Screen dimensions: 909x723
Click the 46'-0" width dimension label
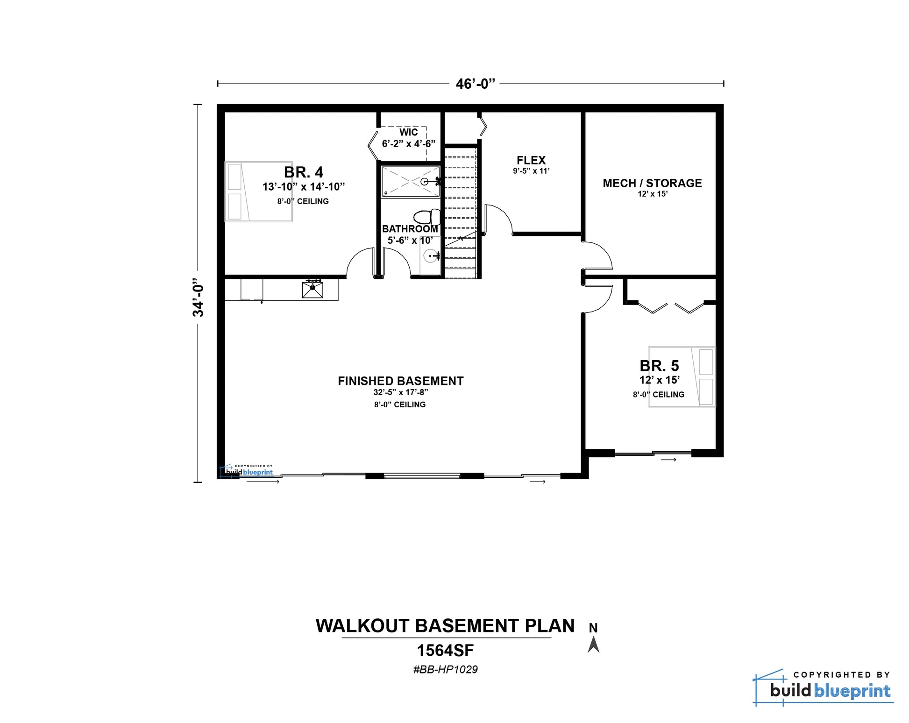(x=475, y=84)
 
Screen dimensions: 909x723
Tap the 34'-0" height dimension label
(x=199, y=298)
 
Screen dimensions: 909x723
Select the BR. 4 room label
(x=304, y=172)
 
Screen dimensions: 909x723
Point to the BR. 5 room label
(x=659, y=365)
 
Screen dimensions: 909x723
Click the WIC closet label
(x=408, y=132)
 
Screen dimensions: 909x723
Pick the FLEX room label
(x=531, y=160)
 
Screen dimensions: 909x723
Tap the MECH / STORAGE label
(x=652, y=183)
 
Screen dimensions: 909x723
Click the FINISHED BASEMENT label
(x=400, y=381)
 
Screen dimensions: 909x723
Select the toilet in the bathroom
(x=426, y=217)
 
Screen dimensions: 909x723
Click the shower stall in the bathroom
(x=411, y=182)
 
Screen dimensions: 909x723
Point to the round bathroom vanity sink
(x=431, y=255)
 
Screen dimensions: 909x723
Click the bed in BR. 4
(x=259, y=191)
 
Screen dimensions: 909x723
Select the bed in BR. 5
(x=682, y=377)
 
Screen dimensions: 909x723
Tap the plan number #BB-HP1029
(x=445, y=669)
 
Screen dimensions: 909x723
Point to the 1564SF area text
(x=445, y=650)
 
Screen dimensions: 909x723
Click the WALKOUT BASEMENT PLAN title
(x=445, y=626)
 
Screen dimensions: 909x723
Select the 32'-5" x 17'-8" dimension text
(x=400, y=392)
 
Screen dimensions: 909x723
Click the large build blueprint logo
(x=824, y=688)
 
